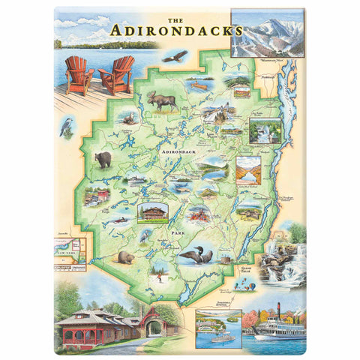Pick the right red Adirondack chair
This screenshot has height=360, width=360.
(117, 75)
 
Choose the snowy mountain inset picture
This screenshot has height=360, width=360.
(268, 34)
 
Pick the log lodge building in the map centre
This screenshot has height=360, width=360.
(153, 213)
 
